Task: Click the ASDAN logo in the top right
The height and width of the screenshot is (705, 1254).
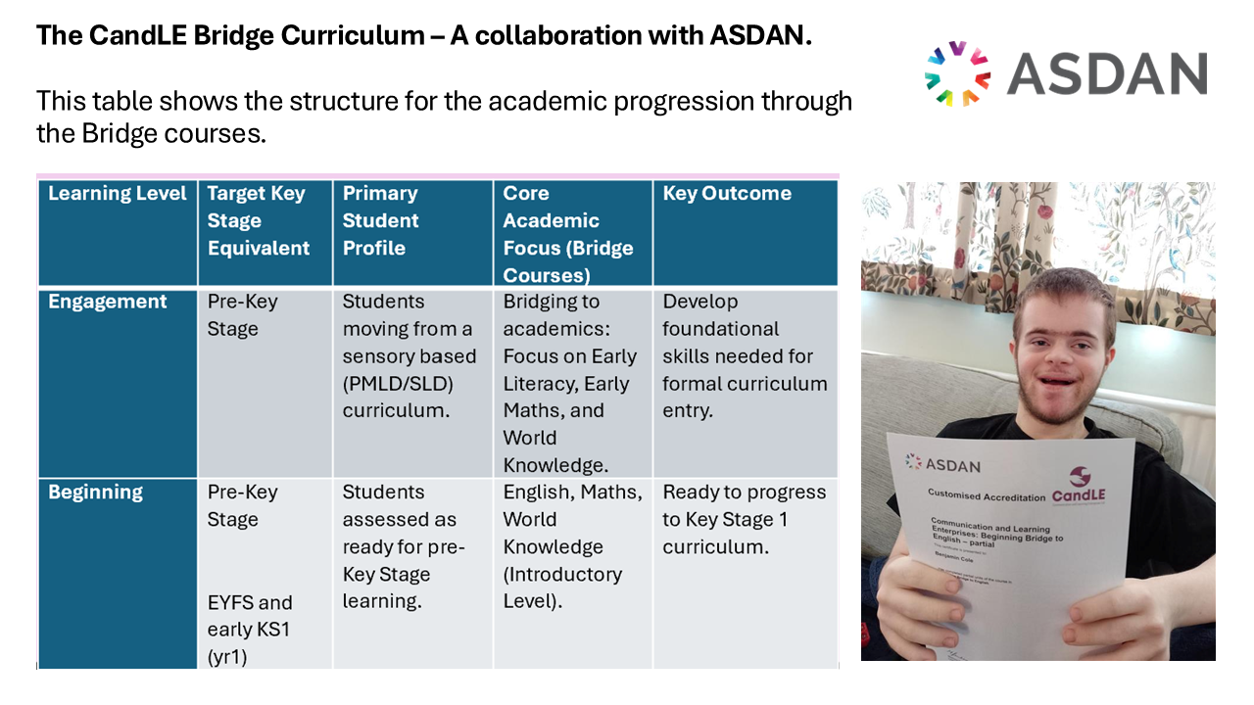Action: coord(1066,73)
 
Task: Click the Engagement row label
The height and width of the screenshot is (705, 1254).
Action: coord(108,302)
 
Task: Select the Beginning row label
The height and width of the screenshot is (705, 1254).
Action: coord(96,492)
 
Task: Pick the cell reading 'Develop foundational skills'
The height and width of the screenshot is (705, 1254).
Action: coord(745,355)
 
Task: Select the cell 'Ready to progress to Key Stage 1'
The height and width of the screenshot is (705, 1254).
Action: coord(745,519)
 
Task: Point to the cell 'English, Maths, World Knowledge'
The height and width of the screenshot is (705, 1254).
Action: coord(572,546)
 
